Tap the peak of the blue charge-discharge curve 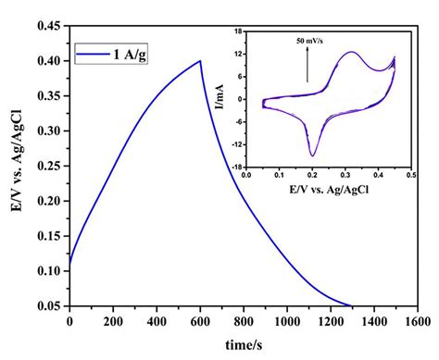click(x=199, y=61)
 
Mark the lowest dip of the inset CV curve click(x=313, y=155)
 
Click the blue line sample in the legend click(x=92, y=54)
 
